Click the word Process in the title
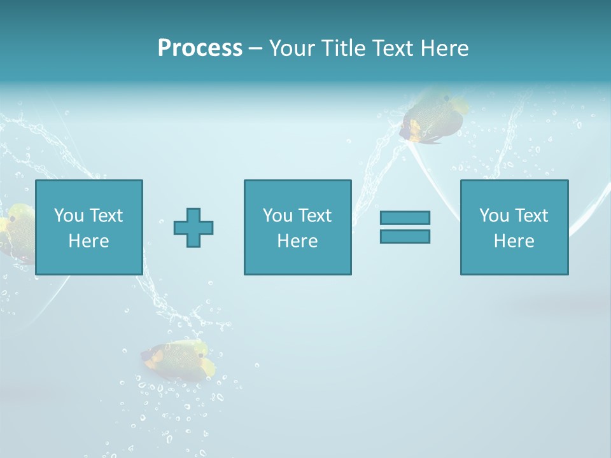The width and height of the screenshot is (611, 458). pyautogui.click(x=200, y=48)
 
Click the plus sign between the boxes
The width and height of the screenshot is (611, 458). pyautogui.click(x=193, y=227)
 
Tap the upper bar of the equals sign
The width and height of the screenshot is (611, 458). pyautogui.click(x=405, y=218)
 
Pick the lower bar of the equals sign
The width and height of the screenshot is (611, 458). pyautogui.click(x=405, y=236)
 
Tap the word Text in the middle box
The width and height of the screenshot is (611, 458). pyautogui.click(x=314, y=216)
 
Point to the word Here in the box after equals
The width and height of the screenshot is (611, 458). pyautogui.click(x=514, y=241)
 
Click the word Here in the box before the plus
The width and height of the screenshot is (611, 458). pyautogui.click(x=88, y=241)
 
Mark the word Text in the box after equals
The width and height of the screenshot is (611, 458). pyautogui.click(x=531, y=216)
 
